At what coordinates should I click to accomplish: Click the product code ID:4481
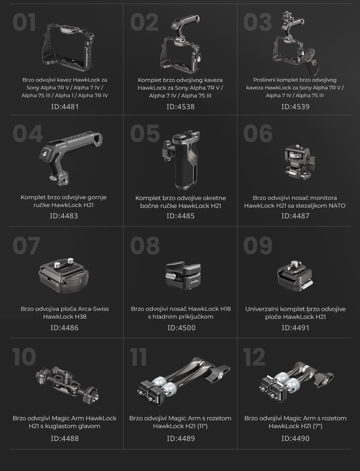click(x=65, y=106)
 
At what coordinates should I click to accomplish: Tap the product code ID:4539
click(x=295, y=106)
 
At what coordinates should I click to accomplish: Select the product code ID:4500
click(x=181, y=328)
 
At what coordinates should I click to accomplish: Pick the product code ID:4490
click(x=295, y=438)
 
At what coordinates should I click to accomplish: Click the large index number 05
click(x=145, y=133)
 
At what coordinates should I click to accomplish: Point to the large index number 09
click(x=258, y=245)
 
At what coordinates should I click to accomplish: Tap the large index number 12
click(x=254, y=357)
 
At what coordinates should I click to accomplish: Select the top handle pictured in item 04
click(x=71, y=158)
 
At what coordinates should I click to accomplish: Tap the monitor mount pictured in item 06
click(x=300, y=162)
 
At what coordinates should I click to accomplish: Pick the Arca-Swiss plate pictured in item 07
click(x=64, y=275)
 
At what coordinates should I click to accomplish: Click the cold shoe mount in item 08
click(x=183, y=276)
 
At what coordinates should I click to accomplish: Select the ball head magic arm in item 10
click(x=67, y=385)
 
